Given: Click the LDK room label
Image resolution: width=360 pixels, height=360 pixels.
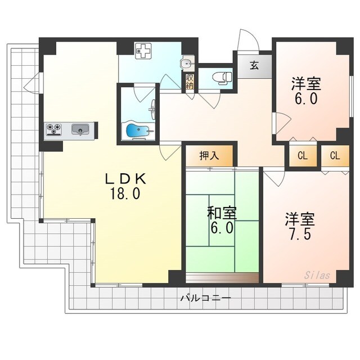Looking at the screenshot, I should pos(127,179).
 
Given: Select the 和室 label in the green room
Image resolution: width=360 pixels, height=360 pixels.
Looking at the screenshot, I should pos(222,213).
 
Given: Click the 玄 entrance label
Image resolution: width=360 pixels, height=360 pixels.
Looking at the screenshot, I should pos(254,65).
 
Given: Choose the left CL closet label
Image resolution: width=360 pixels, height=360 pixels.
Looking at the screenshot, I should pos(302,156).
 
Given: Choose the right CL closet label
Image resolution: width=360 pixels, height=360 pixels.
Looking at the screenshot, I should pos(335,156).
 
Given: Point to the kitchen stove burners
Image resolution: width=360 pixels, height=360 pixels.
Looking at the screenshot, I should pos(55,130).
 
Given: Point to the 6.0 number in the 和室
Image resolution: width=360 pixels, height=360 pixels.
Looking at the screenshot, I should pos(222,228).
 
